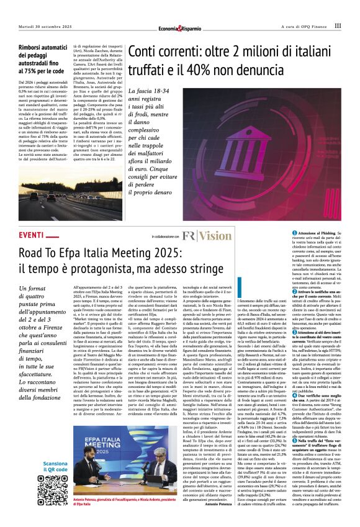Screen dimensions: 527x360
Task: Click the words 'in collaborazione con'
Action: tap(165, 236)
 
